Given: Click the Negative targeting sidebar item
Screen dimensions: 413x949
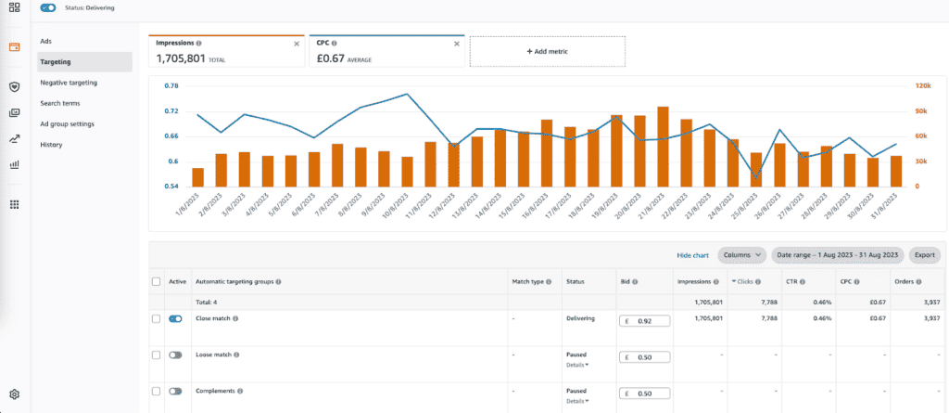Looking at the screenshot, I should click(69, 83).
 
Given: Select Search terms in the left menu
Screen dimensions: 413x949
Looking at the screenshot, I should click(60, 103).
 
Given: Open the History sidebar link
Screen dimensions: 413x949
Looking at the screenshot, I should click(52, 145).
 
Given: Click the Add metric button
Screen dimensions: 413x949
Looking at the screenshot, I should click(547, 52).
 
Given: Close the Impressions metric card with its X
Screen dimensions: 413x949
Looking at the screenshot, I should click(297, 44).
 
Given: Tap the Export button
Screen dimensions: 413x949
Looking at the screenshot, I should click(924, 254).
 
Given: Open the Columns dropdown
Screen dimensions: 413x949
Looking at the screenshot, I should click(743, 254).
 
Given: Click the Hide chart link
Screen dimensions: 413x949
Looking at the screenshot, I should click(692, 254).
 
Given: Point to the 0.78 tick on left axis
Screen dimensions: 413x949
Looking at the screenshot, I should click(171, 86).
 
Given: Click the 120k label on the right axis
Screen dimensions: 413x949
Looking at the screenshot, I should click(922, 86).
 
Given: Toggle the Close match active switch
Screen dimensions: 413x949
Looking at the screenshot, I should click(175, 318).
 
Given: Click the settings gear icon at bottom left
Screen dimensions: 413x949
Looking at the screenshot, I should click(14, 394).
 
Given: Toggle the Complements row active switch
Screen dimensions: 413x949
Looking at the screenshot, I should click(175, 392).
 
